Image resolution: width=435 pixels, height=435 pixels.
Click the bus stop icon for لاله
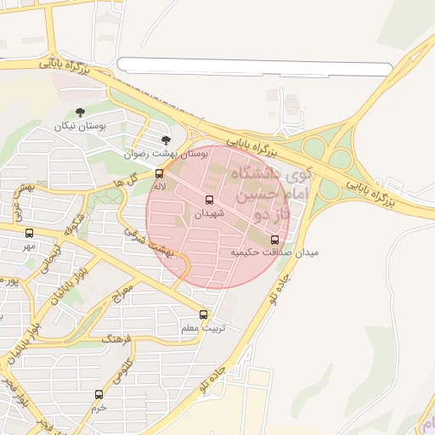[x=159, y=173]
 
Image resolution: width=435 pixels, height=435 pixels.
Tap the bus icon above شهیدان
[x=209, y=201]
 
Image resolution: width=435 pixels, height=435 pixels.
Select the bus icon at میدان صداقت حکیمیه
[x=274, y=240]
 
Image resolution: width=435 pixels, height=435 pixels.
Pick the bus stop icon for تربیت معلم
[x=202, y=314]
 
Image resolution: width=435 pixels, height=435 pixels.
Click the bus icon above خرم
[x=99, y=394]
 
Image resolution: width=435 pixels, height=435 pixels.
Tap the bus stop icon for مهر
[x=30, y=233]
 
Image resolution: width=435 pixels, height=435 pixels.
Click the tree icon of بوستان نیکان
[x=81, y=112]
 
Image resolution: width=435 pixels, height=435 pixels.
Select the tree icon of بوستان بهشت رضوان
[x=165, y=140]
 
